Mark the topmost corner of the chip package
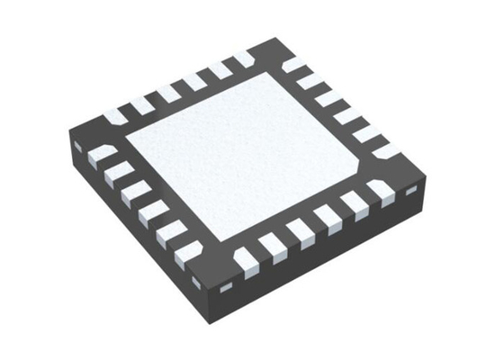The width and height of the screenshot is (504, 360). click(271, 38)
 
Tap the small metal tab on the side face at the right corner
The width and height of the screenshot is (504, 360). click(412, 193)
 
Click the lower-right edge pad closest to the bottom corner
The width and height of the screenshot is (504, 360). click(245, 258)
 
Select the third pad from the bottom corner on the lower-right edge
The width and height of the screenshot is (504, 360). click(298, 236)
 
